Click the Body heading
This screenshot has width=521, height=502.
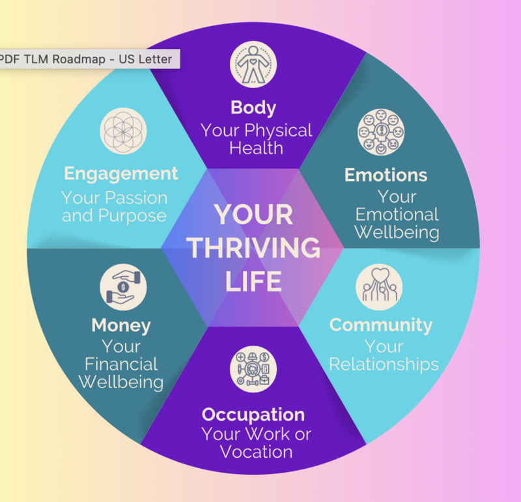[x=253, y=107]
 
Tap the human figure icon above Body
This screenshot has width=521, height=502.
[x=253, y=64]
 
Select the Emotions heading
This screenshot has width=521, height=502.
[x=386, y=174]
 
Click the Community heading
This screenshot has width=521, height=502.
[x=381, y=324]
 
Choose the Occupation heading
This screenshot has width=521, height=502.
[x=253, y=414]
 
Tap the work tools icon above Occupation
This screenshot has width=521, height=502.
[x=253, y=369]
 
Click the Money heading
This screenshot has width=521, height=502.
[x=121, y=324]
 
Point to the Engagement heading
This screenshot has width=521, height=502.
[x=121, y=174]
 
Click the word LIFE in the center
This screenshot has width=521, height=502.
[x=253, y=281]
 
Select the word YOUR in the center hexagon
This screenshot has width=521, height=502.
[x=253, y=215]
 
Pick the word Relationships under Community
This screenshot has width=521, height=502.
[x=384, y=363]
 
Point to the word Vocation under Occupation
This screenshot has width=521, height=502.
[x=256, y=451]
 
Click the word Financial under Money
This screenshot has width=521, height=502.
[x=121, y=363]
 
